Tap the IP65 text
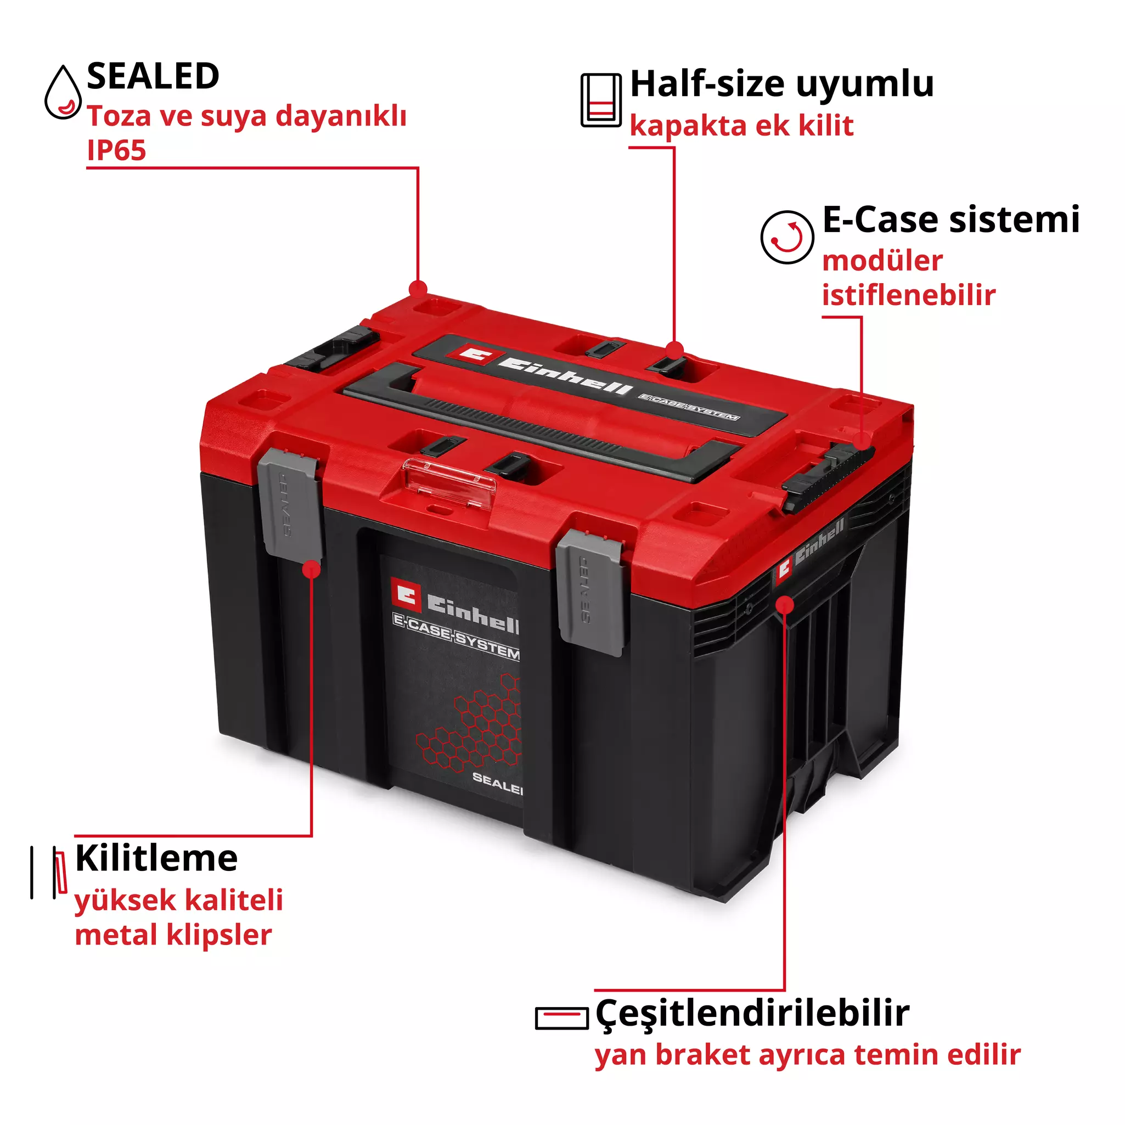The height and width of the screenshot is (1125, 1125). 116,150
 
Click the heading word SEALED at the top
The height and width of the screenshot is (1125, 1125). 153,76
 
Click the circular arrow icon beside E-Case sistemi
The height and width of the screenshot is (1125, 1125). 787,237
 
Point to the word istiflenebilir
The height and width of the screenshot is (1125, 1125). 908,295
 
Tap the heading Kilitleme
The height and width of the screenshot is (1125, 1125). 156,858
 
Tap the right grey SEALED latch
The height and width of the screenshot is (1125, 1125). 590,592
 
